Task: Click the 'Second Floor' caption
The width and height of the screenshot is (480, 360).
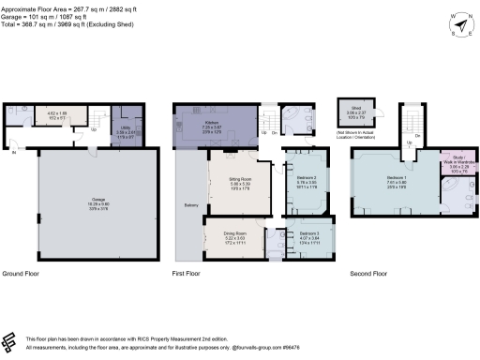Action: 367,274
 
